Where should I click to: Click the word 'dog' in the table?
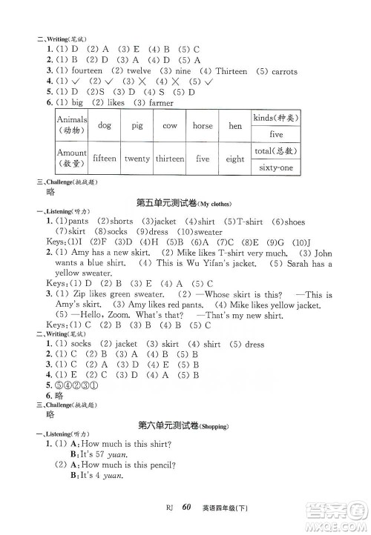(104, 126)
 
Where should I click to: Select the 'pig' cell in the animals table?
(137, 126)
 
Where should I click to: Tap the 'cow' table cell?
(169, 126)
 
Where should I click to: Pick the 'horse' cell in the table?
(203, 126)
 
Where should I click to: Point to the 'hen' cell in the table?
(235, 126)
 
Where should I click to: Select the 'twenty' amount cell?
(137, 159)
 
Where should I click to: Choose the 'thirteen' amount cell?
(170, 159)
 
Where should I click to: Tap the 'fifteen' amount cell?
(104, 159)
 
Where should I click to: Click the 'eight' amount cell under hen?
(235, 159)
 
